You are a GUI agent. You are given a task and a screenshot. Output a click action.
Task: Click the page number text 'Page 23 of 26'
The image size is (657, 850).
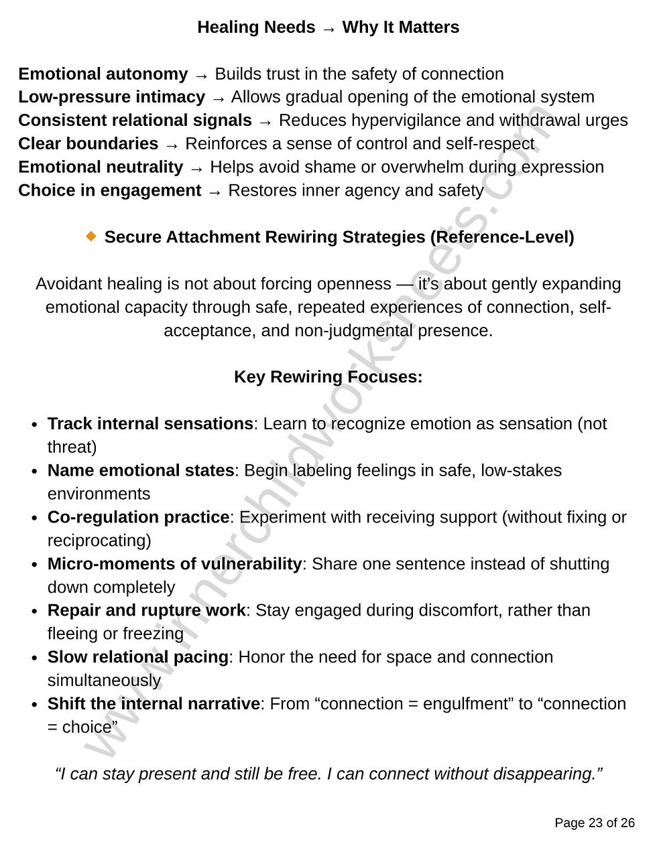click(x=594, y=823)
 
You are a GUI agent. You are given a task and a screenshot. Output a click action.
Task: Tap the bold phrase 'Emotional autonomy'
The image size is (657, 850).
click(x=103, y=74)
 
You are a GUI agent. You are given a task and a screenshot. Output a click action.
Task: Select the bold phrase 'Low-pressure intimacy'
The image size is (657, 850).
click(x=111, y=97)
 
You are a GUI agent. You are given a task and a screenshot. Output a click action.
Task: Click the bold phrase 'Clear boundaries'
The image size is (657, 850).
click(x=88, y=144)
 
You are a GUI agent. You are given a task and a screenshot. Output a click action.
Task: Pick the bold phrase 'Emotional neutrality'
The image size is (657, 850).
click(x=101, y=167)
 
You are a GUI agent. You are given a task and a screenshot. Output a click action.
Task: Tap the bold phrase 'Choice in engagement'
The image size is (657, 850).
click(x=110, y=191)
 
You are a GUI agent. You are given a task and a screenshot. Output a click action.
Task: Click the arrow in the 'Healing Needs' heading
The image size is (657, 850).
click(x=328, y=28)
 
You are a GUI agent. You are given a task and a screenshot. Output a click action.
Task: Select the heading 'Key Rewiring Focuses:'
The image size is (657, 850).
click(x=328, y=377)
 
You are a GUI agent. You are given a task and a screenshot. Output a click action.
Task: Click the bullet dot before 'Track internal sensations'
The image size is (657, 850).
click(x=35, y=425)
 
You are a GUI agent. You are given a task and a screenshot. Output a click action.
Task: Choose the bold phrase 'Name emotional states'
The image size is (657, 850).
click(x=141, y=471)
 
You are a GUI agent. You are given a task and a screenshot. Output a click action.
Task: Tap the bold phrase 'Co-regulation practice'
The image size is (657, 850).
click(x=138, y=518)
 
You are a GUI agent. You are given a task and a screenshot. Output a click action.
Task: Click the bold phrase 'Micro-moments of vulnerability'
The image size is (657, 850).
click(x=174, y=564)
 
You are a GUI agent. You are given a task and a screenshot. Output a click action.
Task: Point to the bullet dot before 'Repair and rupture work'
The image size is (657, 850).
click(x=35, y=612)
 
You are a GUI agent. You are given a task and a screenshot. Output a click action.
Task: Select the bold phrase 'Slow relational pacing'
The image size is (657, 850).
click(x=138, y=657)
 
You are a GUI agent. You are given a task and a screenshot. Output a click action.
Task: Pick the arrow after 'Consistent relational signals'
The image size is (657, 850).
click(x=265, y=121)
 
